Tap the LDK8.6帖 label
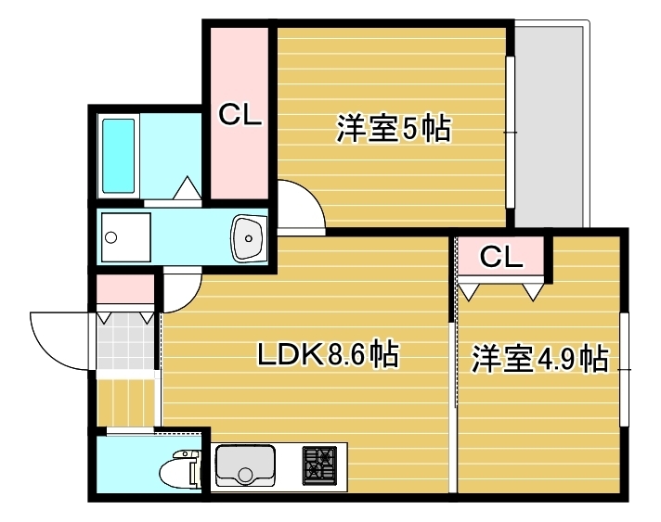tap(328, 353)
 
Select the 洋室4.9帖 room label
tap(539, 359)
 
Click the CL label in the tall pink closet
tap(240, 115)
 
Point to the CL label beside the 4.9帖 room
tap(501, 257)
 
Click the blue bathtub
tap(120, 155)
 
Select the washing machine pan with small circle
tap(123, 236)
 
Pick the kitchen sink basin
tap(246, 465)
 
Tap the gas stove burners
tap(321, 465)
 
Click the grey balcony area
tap(551, 125)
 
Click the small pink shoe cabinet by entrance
tap(125, 289)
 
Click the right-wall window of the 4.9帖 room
tap(625, 369)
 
